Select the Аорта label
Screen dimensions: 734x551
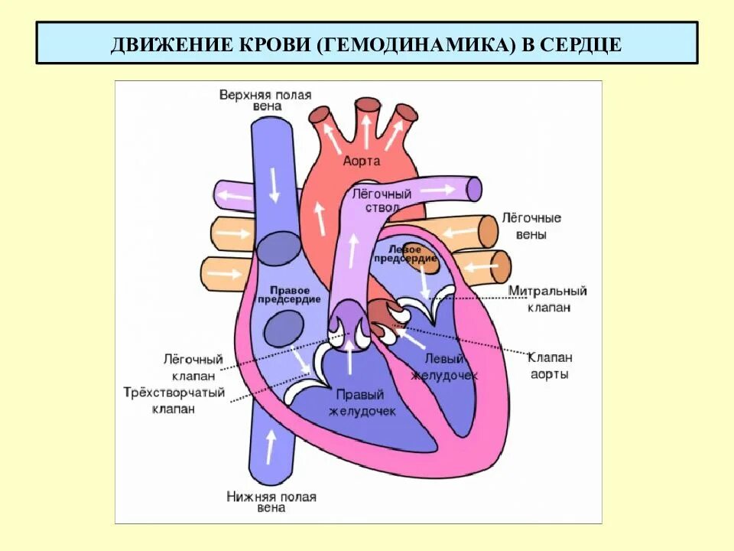coord(362,161)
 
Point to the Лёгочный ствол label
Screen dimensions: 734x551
coord(382,201)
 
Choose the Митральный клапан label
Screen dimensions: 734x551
coord(547,298)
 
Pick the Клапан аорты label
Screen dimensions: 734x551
coord(550,366)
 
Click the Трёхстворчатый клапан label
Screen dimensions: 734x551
coord(174,400)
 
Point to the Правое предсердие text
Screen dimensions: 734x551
coord(284,295)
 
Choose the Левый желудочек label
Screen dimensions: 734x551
coord(444,367)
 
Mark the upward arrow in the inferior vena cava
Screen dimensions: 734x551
coord(269,446)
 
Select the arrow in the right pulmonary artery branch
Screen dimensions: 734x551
coord(234,196)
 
